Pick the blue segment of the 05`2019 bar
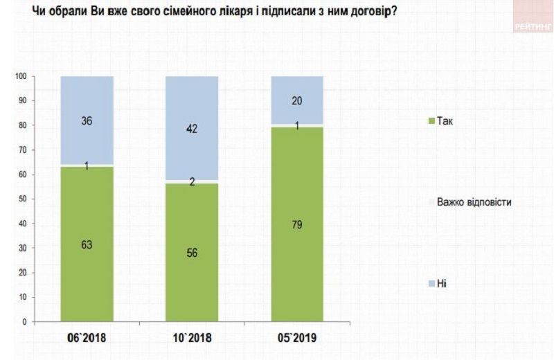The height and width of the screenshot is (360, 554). [297, 90]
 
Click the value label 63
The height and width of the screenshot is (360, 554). [87, 244]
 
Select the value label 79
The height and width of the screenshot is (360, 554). [297, 224]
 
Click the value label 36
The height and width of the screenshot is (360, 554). [87, 121]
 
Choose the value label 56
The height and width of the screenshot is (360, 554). [192, 253]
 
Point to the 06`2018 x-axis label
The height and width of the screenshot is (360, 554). [87, 339]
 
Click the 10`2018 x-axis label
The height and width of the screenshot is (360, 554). [192, 339]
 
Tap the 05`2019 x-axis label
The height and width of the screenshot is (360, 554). [297, 339]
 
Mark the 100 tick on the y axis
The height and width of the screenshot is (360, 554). [21, 76]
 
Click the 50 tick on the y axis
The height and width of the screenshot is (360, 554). [23, 199]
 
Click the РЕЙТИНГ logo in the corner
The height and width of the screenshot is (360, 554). [533, 26]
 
